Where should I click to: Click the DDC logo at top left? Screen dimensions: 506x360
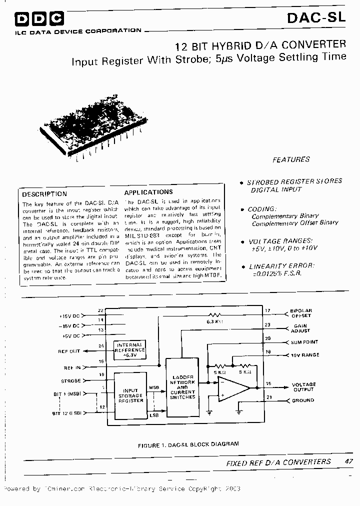pos(39,19)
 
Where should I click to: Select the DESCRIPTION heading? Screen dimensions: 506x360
pos(44,194)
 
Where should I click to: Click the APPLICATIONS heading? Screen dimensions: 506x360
pos(148,192)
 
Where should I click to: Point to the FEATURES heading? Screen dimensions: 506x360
pos(291,159)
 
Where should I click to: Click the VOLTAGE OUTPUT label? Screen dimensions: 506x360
pos(303,387)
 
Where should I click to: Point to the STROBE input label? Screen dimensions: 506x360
pos(70,381)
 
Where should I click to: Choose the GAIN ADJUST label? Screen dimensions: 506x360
pos(300,328)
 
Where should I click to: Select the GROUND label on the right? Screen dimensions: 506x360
pos(302,400)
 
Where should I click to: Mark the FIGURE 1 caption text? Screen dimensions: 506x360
pos(188,443)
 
